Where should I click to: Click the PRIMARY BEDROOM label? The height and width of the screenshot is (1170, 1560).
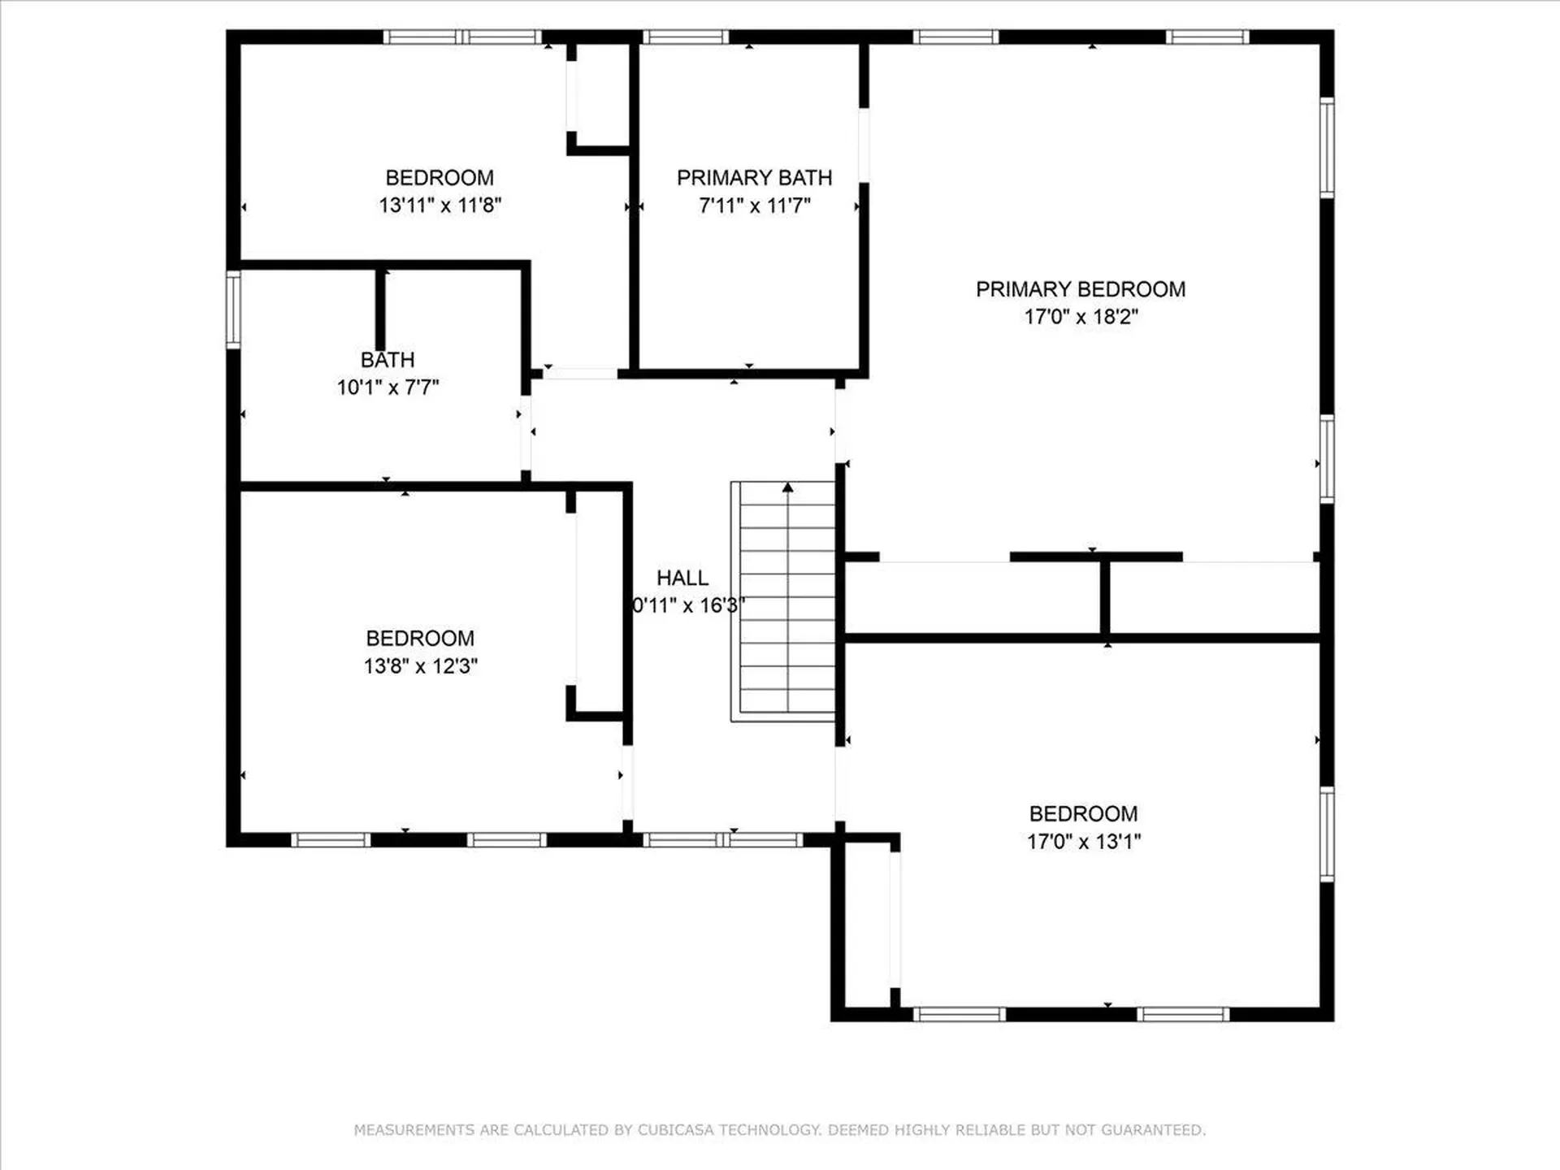click(1080, 289)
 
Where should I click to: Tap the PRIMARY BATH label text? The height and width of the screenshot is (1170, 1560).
click(754, 178)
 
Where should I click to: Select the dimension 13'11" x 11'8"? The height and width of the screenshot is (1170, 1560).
click(440, 205)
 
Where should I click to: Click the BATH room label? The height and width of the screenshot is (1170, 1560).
click(388, 359)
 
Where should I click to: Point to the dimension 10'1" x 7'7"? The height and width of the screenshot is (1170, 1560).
click(388, 388)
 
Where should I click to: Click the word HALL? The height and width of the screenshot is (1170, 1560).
click(682, 578)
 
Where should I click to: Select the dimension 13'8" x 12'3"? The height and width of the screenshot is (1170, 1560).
click(420, 666)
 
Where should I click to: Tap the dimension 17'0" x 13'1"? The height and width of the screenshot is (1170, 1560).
click(1083, 842)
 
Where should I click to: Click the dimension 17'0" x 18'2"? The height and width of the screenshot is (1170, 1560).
click(1081, 317)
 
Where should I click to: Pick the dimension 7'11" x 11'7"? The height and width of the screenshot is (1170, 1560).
click(754, 206)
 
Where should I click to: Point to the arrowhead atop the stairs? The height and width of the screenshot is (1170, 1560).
click(787, 487)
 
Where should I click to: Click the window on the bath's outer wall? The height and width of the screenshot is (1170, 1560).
click(233, 310)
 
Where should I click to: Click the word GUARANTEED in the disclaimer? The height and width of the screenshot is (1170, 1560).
click(1153, 1130)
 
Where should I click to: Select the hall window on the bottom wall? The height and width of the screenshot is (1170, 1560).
click(722, 840)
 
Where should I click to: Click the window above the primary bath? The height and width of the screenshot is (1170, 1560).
click(686, 37)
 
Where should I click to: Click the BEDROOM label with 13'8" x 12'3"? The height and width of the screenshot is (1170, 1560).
click(420, 639)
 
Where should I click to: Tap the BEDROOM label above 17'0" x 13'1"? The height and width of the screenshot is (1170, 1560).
click(1083, 814)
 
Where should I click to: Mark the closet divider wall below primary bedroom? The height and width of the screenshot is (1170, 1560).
click(1105, 597)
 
